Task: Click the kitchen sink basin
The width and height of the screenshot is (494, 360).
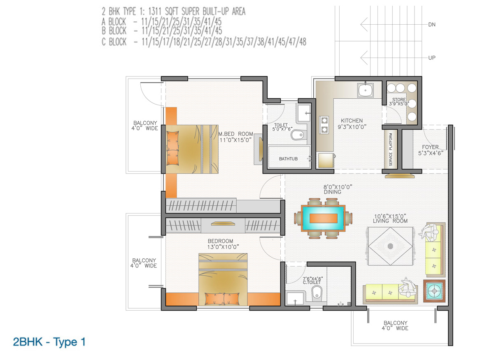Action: (x=366, y=90)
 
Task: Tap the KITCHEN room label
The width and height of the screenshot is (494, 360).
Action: (x=352, y=121)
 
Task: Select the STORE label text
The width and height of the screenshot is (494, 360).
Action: (x=399, y=100)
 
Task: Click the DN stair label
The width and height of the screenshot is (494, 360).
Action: (x=432, y=25)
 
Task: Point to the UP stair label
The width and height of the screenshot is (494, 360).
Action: (x=432, y=58)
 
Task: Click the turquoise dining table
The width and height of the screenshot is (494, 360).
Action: (x=323, y=218)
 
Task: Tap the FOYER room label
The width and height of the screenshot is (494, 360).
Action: (x=430, y=147)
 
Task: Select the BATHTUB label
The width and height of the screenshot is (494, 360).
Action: (x=288, y=159)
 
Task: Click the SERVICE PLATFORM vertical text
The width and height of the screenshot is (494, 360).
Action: (x=391, y=149)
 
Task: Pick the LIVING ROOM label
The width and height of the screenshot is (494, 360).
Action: (x=390, y=221)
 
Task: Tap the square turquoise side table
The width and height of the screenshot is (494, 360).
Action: (x=434, y=291)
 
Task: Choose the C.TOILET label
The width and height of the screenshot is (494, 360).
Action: (x=312, y=282)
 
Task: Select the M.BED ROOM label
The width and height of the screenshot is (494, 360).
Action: (x=236, y=134)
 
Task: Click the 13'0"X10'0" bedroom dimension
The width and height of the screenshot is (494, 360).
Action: (x=223, y=247)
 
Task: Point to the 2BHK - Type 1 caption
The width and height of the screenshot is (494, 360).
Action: (x=49, y=342)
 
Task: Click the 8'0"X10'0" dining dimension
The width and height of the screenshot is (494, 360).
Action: (x=338, y=187)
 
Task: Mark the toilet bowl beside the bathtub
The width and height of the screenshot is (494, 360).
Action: (x=298, y=135)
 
